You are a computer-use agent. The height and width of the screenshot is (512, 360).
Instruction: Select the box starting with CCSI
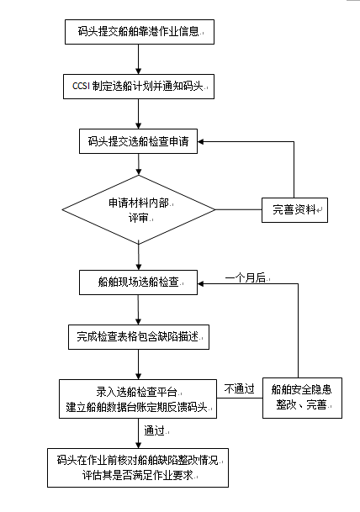[x=138, y=86]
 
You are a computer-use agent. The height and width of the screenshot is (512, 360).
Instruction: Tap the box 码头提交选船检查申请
[x=138, y=141]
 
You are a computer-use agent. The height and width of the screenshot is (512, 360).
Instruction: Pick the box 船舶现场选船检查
[x=138, y=280]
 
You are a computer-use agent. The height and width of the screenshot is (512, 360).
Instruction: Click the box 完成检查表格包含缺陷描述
[x=138, y=337]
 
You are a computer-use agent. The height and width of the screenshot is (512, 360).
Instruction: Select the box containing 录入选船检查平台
[x=138, y=399]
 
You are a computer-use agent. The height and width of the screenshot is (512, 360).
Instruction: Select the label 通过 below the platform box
[x=155, y=431]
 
